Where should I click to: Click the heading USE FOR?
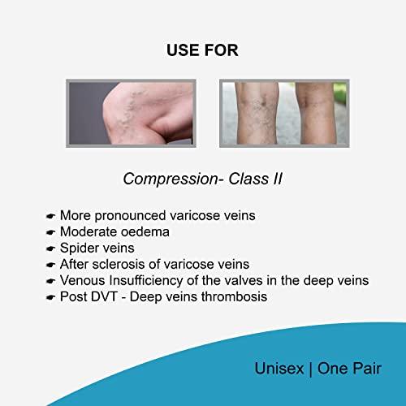click(202, 50)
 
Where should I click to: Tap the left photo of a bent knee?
click(130, 113)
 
